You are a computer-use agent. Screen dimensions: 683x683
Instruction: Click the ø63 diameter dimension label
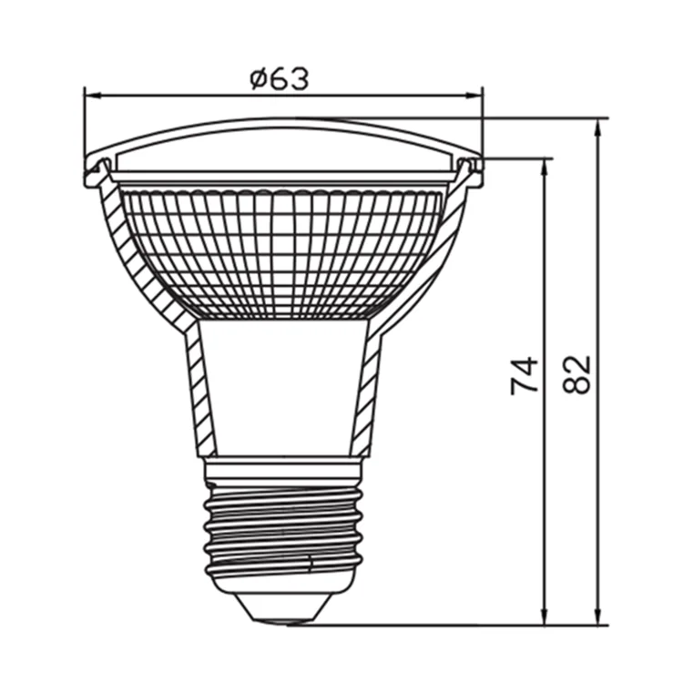pyautogui.click(x=280, y=79)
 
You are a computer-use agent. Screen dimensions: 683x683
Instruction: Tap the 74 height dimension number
pyautogui.click(x=525, y=375)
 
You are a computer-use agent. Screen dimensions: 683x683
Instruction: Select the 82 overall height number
pyautogui.click(x=577, y=373)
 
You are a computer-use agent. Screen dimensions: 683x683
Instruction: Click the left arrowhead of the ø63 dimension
pyautogui.click(x=89, y=93)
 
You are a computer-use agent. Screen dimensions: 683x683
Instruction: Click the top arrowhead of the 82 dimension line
pyautogui.click(x=598, y=124)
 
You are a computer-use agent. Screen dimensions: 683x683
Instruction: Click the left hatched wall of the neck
pyautogui.click(x=200, y=392)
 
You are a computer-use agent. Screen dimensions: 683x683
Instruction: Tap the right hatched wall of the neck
pyautogui.click(x=367, y=392)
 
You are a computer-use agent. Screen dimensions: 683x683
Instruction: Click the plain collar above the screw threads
pyautogui.click(x=283, y=470)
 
